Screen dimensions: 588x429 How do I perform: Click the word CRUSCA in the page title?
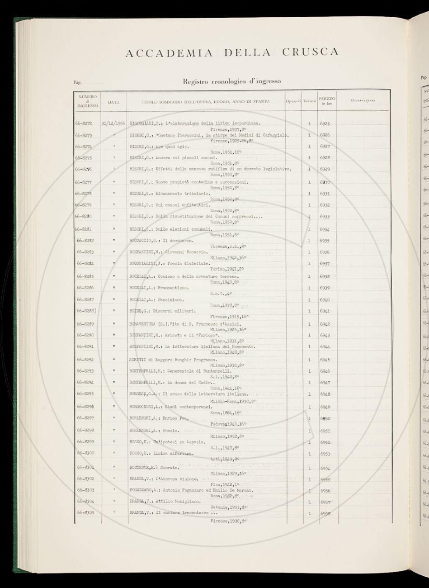310,52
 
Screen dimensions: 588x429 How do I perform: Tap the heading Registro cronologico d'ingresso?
231,81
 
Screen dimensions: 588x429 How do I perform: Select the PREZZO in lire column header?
326,100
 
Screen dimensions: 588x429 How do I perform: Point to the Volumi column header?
310,101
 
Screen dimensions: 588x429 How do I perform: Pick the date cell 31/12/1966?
113,123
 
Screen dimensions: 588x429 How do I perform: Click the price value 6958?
325,514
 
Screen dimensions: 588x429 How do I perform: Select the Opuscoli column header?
293,101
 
